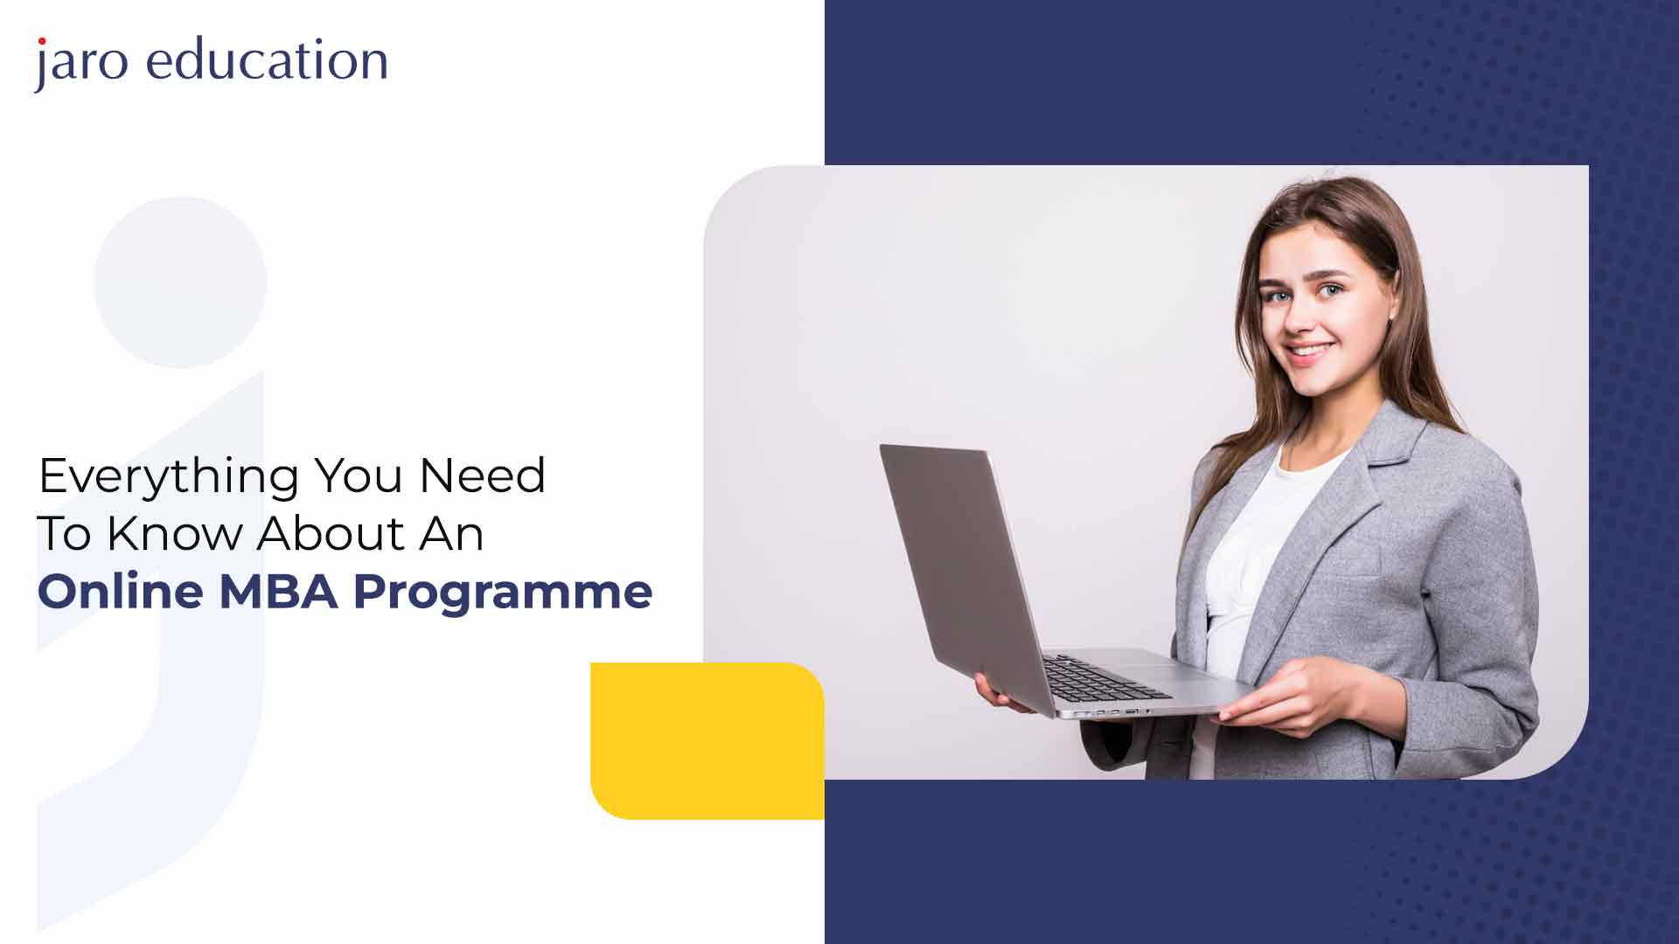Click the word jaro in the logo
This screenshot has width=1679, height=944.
pyautogui.click(x=81, y=63)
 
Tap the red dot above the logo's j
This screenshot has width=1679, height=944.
pyautogui.click(x=41, y=41)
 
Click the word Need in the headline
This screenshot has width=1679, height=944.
pyautogui.click(x=483, y=475)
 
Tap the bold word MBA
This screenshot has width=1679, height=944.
pyautogui.click(x=278, y=592)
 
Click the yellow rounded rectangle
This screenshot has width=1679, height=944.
pyautogui.click(x=707, y=740)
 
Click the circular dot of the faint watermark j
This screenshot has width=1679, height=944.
pyautogui.click(x=180, y=282)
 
